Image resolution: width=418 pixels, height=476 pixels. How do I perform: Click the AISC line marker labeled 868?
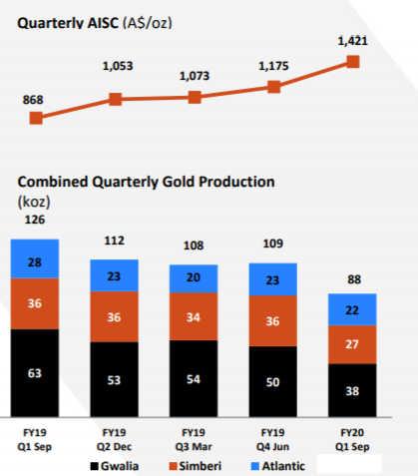36,118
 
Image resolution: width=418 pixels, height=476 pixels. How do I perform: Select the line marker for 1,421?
353,62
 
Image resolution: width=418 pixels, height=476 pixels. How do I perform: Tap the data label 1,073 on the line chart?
195,76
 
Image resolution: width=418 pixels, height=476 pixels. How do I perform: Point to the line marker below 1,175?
273,87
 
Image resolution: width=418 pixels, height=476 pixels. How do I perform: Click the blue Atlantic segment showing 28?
35,258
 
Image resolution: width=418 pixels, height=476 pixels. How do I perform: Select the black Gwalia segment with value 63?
35,373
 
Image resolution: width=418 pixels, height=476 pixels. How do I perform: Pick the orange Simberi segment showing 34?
194,316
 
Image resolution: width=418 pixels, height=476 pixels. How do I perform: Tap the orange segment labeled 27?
352,344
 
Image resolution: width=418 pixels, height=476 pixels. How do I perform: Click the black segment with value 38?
352,390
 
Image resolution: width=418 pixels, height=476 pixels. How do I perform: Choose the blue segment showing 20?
194,278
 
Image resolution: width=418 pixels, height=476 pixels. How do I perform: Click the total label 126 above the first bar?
35,220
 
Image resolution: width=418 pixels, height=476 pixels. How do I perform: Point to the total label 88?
354,279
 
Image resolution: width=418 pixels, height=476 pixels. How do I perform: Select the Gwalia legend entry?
115,466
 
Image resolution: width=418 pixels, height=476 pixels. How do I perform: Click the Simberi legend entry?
196,466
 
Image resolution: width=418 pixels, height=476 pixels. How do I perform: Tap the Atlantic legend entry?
278,466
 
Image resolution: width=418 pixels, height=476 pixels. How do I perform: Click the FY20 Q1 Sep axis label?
352,439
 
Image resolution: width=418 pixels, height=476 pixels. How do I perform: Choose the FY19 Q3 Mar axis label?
194,439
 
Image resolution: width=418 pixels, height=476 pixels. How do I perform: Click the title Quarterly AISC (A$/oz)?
95,23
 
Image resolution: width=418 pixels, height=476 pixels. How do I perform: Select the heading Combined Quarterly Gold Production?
146,182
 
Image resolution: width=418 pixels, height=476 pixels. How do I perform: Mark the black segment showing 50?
273,381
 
